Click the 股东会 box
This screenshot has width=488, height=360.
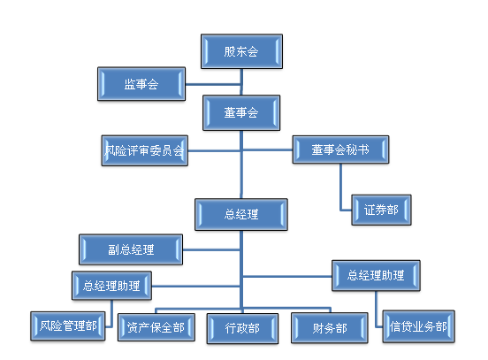[x=241, y=51]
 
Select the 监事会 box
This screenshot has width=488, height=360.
[x=141, y=84]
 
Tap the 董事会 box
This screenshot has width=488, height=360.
[x=241, y=112]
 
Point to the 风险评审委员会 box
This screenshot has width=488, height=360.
[x=144, y=150]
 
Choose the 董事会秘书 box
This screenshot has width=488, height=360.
[x=340, y=149]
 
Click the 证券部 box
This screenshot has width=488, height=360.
[x=381, y=210]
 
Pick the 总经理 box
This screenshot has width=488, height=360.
[x=241, y=215]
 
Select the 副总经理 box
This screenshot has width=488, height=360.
[x=131, y=249]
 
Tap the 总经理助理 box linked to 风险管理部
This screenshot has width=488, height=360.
[x=111, y=286]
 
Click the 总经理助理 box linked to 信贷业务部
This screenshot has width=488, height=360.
[x=376, y=276]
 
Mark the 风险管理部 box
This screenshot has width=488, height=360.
[x=68, y=326]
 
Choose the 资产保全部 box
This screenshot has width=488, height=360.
[x=156, y=327]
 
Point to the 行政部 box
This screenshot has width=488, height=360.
[x=242, y=328]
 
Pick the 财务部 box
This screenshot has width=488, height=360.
[x=330, y=328]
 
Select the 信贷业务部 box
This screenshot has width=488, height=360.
[x=418, y=326]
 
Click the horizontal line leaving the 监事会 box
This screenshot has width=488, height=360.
[x=213, y=84]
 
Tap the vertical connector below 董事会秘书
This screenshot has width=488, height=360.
[x=340, y=187]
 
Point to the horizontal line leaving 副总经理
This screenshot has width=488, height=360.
[x=211, y=249]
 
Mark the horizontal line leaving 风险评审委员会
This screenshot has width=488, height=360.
[x=214, y=151]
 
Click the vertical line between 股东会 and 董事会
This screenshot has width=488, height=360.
[x=241, y=82]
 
